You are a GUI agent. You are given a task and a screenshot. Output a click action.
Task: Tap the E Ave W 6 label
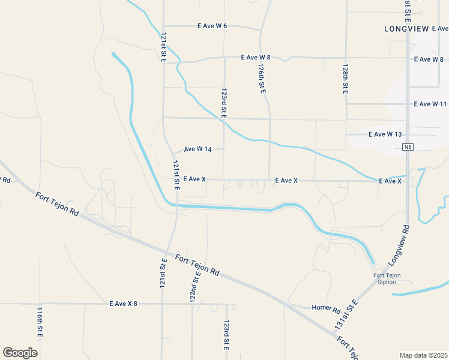pos(212,26)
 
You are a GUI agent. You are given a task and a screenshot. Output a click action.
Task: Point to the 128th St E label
pos(346,79)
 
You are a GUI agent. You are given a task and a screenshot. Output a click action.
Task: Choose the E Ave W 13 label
pos(385,134)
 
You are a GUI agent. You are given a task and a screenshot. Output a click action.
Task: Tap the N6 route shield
pos(408,147)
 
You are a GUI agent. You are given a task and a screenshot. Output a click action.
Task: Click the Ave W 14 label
pos(197,149)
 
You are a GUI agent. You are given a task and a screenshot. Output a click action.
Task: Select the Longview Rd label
pos(398,246)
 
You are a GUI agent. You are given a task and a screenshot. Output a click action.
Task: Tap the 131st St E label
pos(346,314)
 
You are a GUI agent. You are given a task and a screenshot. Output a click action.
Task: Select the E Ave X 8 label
pos(123,304)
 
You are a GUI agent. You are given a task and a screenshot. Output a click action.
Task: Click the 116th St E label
pos(40,322)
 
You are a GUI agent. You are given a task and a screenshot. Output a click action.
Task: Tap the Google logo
pos(20,353)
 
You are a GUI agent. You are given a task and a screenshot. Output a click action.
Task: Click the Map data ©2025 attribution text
pos(423,355)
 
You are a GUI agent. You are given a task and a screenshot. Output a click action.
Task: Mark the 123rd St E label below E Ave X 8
pos(226,335)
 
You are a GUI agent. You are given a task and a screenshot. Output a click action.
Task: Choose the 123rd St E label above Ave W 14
pos(223,103)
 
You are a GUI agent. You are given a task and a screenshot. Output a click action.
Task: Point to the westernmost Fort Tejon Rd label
pos(57,204)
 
